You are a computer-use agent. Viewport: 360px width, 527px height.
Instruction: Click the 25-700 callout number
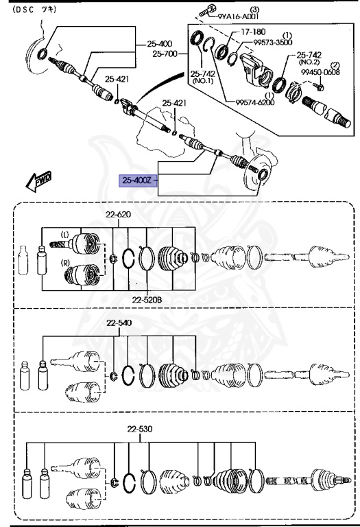(165, 52)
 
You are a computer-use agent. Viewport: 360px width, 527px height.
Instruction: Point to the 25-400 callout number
(165, 43)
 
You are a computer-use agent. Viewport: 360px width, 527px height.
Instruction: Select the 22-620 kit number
(118, 214)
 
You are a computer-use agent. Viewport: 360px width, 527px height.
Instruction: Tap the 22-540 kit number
(118, 323)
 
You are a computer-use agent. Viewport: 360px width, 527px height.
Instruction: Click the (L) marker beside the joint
(66, 235)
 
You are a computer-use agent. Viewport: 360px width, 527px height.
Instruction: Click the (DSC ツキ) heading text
(35, 10)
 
